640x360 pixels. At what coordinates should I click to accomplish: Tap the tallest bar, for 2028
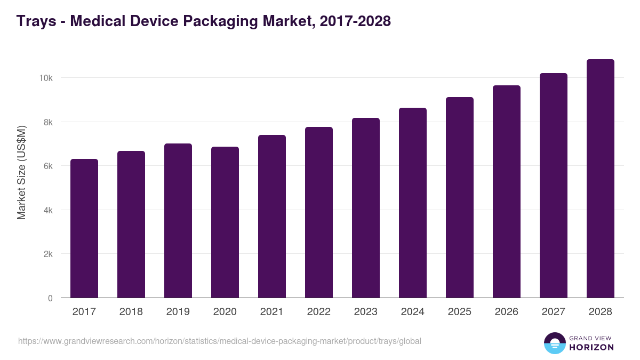[x=601, y=179]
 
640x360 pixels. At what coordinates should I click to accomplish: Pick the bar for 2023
[x=366, y=208]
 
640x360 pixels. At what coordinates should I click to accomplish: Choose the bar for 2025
[x=460, y=197]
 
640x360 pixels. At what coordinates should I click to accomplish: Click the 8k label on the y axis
[x=47, y=123]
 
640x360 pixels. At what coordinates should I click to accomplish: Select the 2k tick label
[x=47, y=254]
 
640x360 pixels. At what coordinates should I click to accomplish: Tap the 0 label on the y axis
[x=50, y=299]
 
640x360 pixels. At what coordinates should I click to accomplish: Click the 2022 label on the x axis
[x=319, y=312]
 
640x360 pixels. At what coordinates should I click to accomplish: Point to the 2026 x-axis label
[x=507, y=312]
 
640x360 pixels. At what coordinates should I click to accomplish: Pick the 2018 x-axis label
[x=131, y=312]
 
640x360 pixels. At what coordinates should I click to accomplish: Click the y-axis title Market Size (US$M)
[x=21, y=172]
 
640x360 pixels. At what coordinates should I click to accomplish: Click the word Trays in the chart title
[x=36, y=21]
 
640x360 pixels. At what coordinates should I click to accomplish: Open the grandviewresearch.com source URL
[x=219, y=341]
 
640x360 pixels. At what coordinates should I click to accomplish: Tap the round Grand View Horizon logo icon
[x=554, y=343]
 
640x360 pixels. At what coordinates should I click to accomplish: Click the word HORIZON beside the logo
[x=591, y=347]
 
